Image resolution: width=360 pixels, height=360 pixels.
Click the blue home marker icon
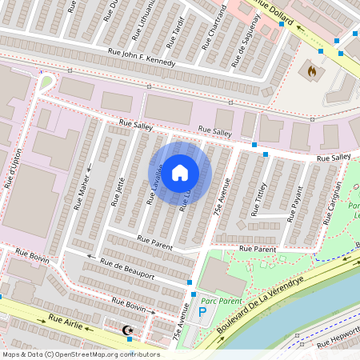(181, 171)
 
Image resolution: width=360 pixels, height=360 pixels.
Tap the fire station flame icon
(311, 70)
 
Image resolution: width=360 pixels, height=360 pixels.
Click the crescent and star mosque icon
(126, 330)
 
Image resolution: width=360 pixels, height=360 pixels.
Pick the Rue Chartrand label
(212, 26)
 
